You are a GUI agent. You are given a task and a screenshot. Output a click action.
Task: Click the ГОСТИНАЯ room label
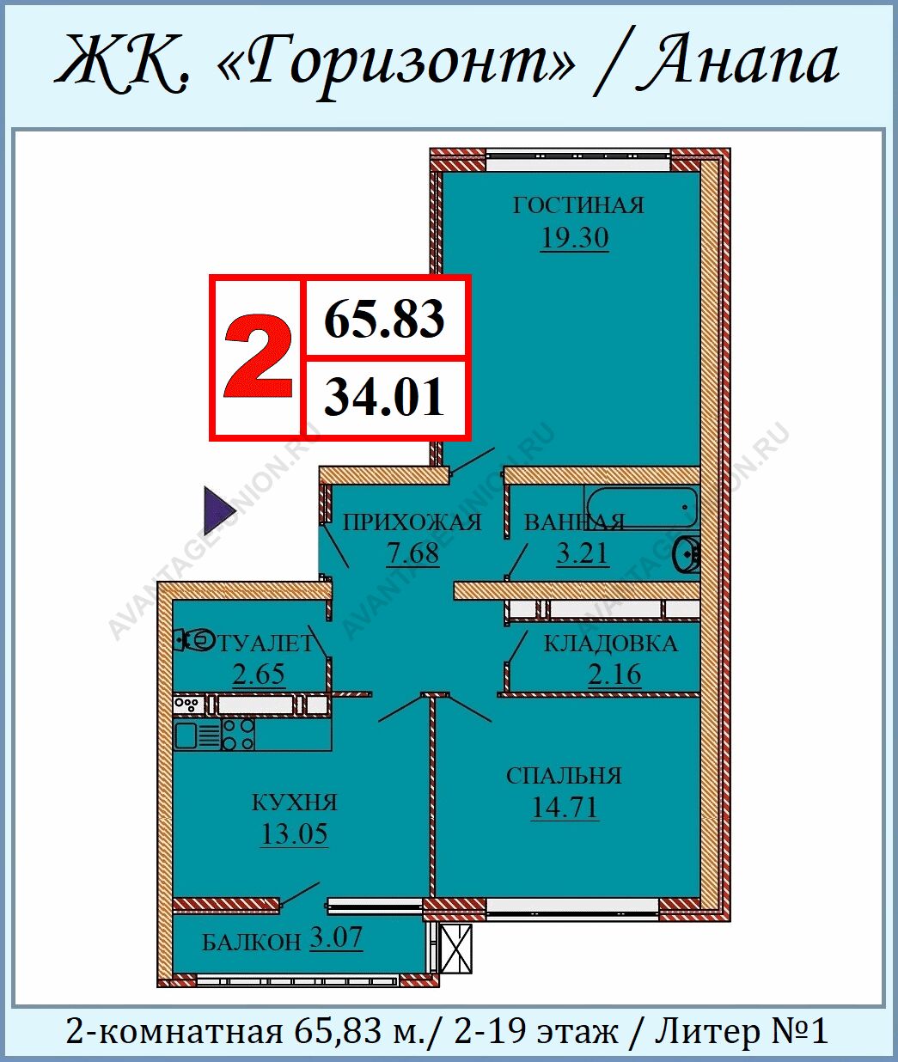[578, 205]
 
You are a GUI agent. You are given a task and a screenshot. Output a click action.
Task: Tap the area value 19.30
[575, 238]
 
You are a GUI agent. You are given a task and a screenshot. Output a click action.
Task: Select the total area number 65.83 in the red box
[384, 319]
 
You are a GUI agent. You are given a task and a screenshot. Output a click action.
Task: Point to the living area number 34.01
[384, 396]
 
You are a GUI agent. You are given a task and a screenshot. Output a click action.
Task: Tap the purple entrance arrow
[220, 510]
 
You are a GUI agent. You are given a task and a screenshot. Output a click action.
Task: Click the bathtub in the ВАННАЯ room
[642, 508]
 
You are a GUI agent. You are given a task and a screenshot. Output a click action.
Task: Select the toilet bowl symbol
[194, 640]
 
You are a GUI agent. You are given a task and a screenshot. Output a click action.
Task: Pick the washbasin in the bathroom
[687, 554]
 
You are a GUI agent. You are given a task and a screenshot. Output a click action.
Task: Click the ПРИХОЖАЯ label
[412, 522]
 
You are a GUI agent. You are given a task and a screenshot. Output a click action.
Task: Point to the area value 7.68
[412, 553]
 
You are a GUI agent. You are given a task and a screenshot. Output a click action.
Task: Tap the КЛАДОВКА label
[611, 644]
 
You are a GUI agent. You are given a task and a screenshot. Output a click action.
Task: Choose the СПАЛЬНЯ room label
[564, 776]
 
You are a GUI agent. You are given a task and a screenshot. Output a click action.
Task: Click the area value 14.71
[565, 808]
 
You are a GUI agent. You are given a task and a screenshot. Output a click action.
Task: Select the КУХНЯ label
[295, 803]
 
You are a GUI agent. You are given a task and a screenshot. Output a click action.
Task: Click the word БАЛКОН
[251, 943]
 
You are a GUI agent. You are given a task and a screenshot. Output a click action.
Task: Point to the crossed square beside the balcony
[456, 949]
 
